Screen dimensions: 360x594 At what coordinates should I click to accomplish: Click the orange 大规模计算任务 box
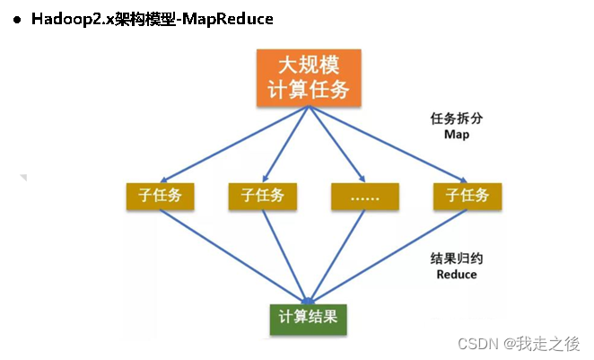pos(309,78)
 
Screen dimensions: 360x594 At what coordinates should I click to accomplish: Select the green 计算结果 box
pos(309,317)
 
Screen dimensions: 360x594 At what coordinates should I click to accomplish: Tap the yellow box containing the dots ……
pos(364,196)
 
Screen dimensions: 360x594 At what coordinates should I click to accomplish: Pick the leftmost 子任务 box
pos(160,196)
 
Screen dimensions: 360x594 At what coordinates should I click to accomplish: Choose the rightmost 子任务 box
pos(467,196)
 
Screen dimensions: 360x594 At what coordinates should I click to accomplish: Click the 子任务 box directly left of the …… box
pos(262,196)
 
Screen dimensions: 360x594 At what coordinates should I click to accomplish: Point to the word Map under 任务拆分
pos(456,134)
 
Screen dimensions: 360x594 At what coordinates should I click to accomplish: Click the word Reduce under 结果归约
pos(456,274)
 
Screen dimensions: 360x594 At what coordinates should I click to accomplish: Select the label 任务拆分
pos(456,119)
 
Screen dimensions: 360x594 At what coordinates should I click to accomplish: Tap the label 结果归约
pos(456,258)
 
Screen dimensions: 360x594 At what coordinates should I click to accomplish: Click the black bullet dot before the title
pos(16,20)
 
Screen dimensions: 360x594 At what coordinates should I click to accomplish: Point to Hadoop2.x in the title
pos(67,19)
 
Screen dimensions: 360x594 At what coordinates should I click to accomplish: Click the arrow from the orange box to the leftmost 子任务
pos(233,144)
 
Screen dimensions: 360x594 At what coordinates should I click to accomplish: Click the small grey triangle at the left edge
pos(23,178)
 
